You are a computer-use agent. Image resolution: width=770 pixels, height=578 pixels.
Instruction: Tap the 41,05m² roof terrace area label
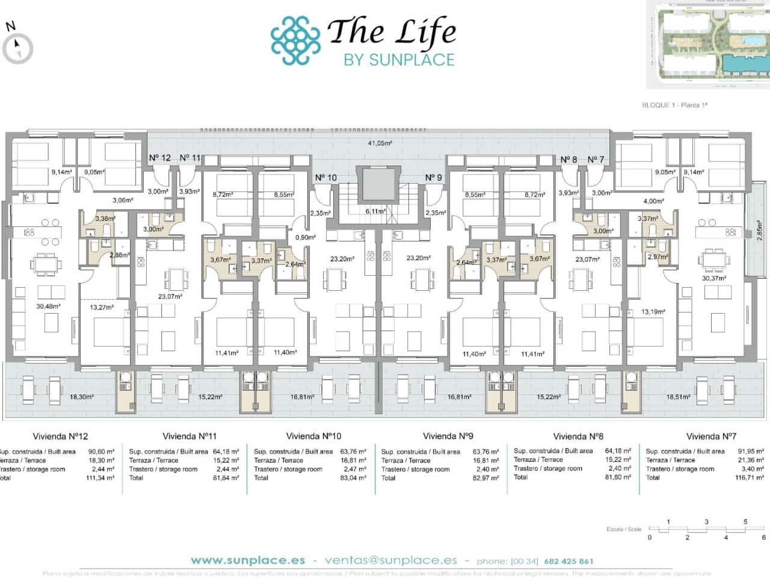[x=380, y=143]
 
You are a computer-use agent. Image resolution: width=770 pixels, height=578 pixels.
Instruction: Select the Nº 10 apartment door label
[x=326, y=178]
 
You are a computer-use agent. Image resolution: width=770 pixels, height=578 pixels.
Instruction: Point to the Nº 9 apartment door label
[x=433, y=178]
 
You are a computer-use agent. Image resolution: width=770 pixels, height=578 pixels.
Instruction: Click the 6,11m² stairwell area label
[x=375, y=212]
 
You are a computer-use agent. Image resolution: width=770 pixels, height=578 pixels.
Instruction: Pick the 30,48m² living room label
[x=48, y=306]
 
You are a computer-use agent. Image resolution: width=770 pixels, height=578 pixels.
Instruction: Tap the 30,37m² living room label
[x=714, y=278]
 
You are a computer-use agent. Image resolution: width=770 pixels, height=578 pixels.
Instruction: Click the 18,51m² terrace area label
[x=678, y=397]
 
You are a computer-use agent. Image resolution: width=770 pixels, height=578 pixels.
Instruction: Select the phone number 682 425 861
[x=568, y=561]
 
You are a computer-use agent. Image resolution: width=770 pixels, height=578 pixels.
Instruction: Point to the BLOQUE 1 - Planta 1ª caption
[x=675, y=105]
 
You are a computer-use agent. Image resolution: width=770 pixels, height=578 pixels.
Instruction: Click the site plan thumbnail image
[x=707, y=45]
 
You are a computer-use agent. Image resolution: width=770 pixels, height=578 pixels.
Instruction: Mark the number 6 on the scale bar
[x=763, y=537]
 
